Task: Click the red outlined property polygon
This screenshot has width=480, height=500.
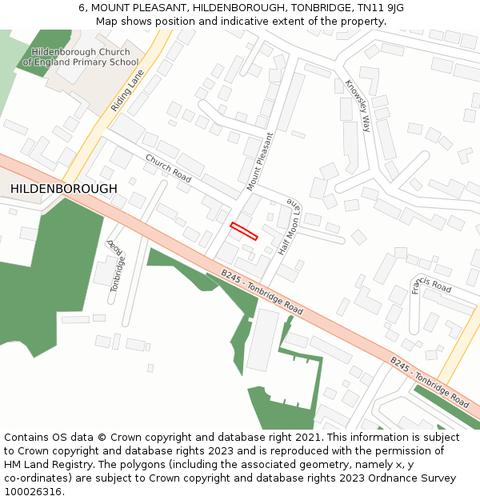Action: point(245,231)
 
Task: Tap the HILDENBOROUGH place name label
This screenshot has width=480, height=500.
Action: point(64,189)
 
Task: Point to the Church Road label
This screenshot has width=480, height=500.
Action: point(168,168)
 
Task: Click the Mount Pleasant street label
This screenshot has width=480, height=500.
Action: point(260,162)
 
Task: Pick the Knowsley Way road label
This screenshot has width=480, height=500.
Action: point(358,105)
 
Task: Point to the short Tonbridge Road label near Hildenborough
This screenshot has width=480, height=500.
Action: point(117,264)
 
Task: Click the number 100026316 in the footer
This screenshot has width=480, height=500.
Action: point(32,491)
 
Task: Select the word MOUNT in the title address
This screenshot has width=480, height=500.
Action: point(114,8)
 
